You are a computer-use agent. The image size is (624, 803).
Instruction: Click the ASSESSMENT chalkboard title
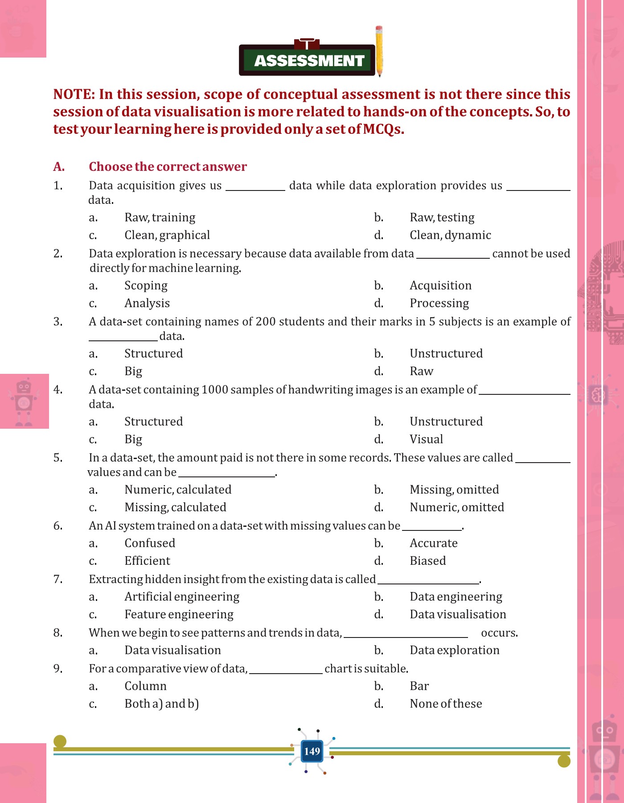pos(308,60)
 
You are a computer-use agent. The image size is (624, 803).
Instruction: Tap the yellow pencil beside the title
pos(379,51)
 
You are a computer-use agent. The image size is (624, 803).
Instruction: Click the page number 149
pos(312,751)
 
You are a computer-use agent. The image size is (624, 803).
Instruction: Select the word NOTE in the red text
pos(74,95)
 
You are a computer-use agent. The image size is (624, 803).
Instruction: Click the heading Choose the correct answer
pos(168,167)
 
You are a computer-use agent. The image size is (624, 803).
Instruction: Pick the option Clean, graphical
pos(167,235)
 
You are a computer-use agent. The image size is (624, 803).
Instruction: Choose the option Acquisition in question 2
pos(440,286)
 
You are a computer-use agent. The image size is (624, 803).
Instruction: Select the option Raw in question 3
pos(421,371)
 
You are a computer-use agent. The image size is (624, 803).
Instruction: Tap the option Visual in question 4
pos(426,439)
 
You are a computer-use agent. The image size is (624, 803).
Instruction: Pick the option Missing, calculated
pos(175,507)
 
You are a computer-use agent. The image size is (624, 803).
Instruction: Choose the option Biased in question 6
pos(427,561)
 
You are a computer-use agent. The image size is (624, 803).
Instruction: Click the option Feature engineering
pos(179,614)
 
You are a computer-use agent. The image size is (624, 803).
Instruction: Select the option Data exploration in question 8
pos(454,650)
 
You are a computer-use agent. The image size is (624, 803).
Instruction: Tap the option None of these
pos(446,704)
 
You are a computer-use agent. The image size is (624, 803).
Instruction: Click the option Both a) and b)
pos(161,704)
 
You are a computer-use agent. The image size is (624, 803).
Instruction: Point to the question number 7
pos(58,579)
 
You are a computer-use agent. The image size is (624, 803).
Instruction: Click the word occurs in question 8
pos(499,633)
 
